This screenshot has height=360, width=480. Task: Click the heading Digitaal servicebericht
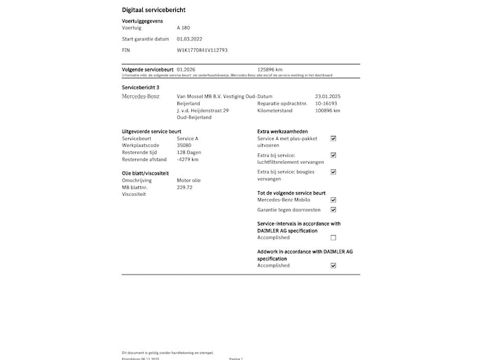tap(154, 11)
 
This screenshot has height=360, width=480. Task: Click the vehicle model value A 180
tap(184, 28)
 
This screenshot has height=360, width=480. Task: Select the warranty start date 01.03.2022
tap(189, 39)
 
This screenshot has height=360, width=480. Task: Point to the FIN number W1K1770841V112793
tap(202, 50)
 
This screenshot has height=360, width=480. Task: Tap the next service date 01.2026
tap(186, 70)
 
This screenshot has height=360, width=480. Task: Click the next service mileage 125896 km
tap(270, 70)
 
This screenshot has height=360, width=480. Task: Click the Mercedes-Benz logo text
tap(141, 96)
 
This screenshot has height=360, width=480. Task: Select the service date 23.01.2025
tap(327, 96)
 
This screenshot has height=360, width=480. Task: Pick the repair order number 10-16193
tap(327, 103)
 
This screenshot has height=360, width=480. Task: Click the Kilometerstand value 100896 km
tap(328, 111)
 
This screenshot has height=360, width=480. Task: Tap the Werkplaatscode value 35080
tap(184, 146)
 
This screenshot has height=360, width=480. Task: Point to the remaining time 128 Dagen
tap(189, 153)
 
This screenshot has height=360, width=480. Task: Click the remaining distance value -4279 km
tap(188, 160)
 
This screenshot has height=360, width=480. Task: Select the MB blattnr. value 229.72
tap(185, 188)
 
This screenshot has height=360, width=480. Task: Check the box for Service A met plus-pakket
tap(333, 139)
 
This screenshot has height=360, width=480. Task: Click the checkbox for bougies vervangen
tap(333, 172)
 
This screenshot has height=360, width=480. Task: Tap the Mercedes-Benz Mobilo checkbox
tap(333, 200)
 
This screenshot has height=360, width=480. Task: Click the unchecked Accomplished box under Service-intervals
tap(333, 237)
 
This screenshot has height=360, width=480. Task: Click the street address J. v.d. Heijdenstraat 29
tap(203, 111)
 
